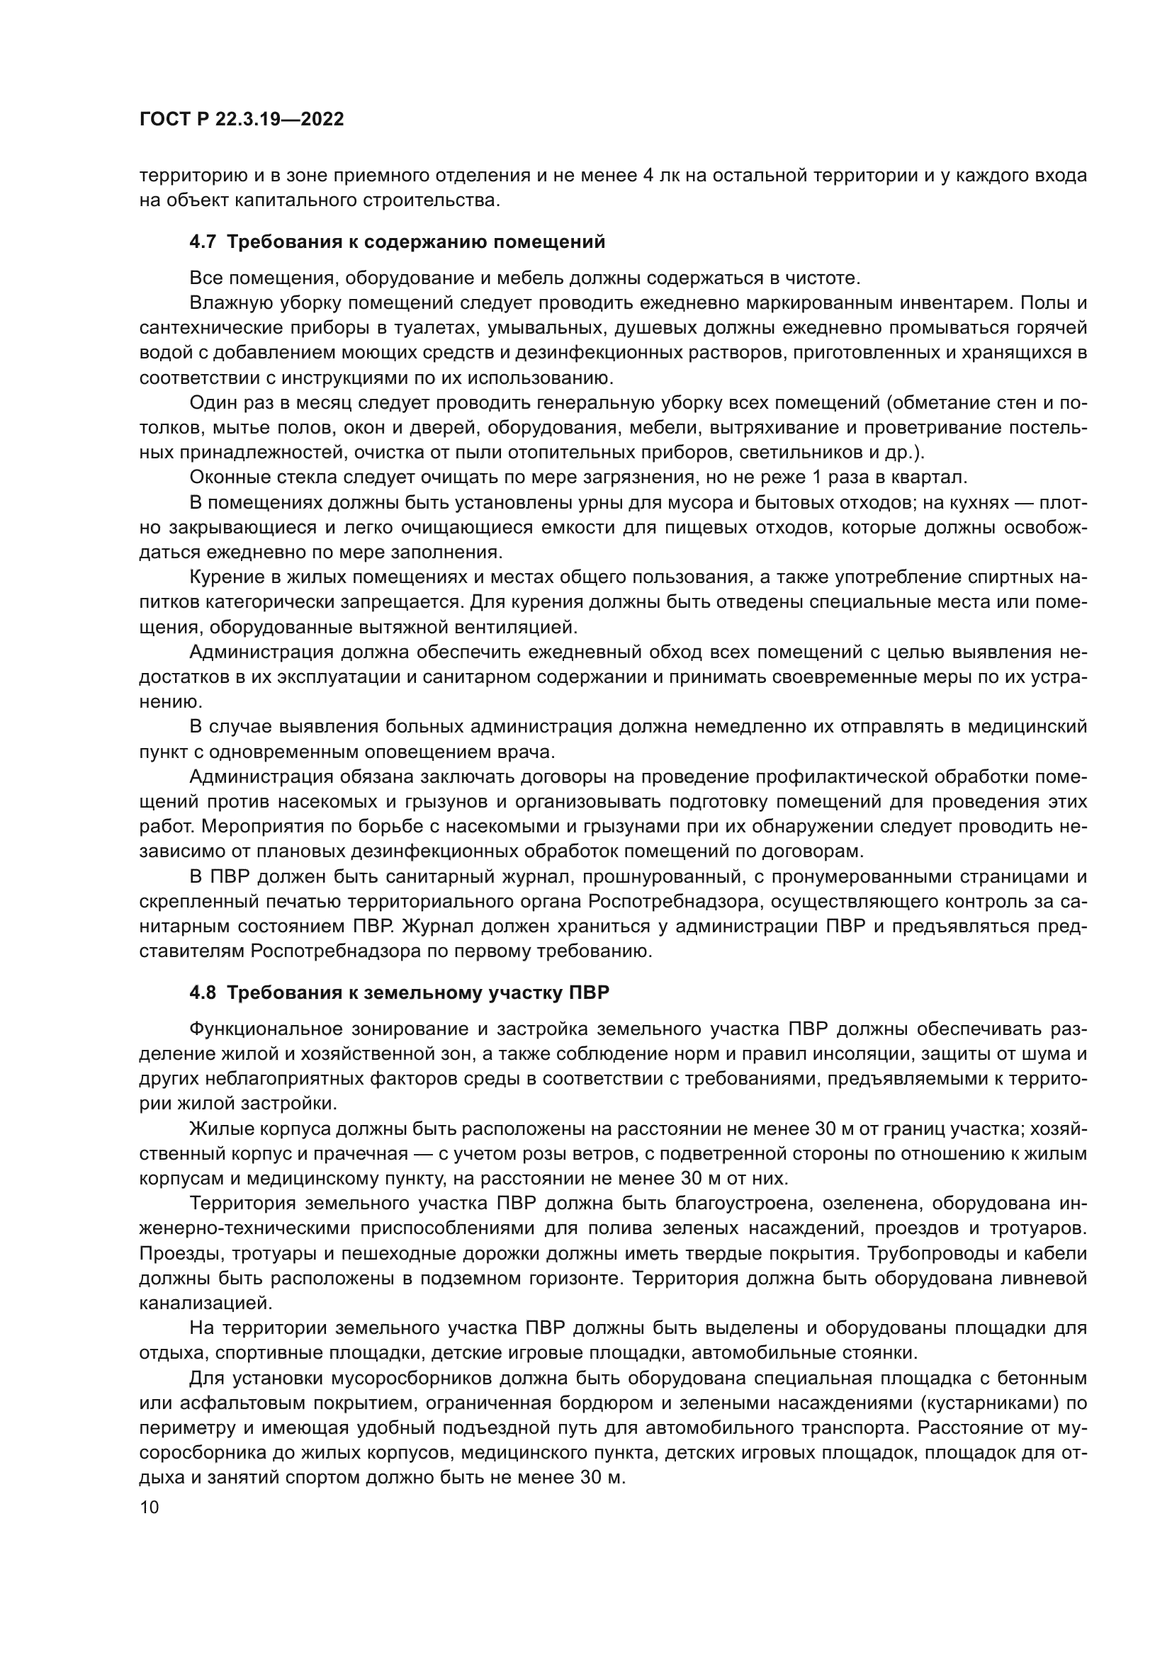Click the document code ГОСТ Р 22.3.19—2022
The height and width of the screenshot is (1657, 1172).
click(241, 120)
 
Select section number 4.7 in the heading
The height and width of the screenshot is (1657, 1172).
click(202, 242)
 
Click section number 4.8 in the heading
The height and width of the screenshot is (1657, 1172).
click(202, 993)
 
